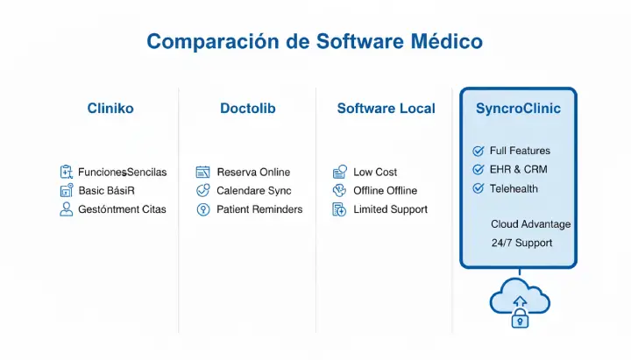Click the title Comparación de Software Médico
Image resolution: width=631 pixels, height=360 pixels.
[x=315, y=41]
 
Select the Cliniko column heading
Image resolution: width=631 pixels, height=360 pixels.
[x=110, y=109]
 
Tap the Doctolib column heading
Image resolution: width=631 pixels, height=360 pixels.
[x=248, y=109]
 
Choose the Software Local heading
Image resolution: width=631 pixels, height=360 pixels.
[x=386, y=109]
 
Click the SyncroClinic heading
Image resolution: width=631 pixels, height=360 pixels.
[x=518, y=109]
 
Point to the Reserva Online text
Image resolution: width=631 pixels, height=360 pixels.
[x=253, y=172]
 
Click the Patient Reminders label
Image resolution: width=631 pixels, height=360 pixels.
[x=259, y=209]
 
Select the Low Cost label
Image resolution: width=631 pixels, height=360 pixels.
[x=375, y=172]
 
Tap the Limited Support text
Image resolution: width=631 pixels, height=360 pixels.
[x=390, y=209]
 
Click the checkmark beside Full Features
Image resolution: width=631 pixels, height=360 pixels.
[x=479, y=151]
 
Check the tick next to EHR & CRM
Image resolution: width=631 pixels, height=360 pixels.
[x=479, y=169]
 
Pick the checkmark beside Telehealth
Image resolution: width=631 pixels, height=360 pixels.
[x=479, y=188]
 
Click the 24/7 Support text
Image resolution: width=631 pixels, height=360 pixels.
[x=521, y=243]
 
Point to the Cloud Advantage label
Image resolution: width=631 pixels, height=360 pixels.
[x=530, y=224]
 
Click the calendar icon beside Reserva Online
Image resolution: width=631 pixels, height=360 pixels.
[x=203, y=172]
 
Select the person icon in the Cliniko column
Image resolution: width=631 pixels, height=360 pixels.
[x=66, y=209]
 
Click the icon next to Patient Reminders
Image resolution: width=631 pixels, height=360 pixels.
[x=203, y=209]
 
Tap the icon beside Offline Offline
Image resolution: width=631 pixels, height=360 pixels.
[x=340, y=190]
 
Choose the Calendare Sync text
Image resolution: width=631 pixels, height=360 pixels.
[x=254, y=190]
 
